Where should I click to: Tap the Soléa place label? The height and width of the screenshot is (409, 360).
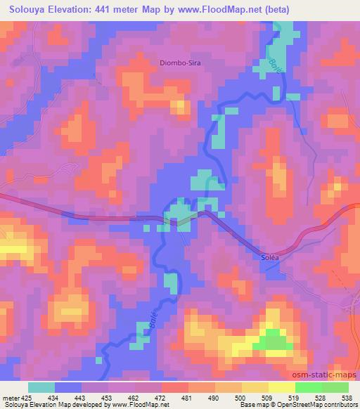[x=261, y=257]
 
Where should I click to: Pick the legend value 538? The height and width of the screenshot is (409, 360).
[x=347, y=397]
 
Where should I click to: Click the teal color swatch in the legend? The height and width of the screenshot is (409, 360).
[x=41, y=387]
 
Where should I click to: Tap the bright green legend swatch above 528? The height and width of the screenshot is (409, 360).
[x=308, y=387]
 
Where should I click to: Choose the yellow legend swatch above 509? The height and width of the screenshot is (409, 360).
[x=255, y=387]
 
